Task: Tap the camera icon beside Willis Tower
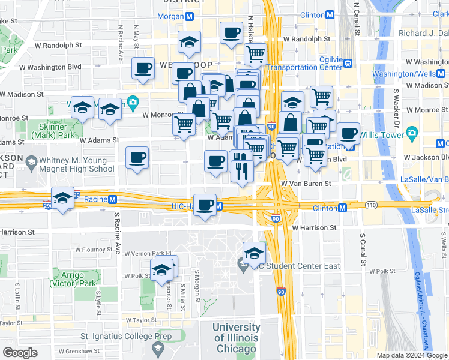412,132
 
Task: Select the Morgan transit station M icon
189,16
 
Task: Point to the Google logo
20,352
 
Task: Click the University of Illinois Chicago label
236,338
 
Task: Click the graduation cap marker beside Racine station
62,199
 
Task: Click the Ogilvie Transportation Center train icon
347,62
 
